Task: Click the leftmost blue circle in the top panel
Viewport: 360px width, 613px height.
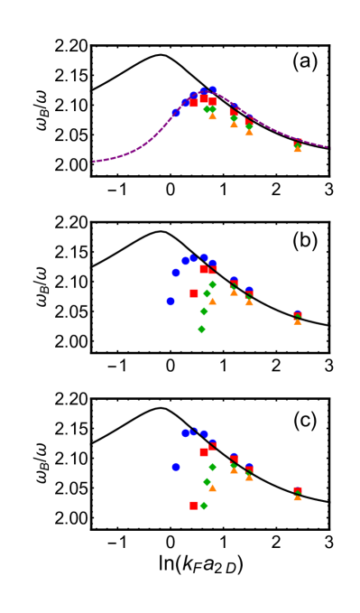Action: tap(176, 113)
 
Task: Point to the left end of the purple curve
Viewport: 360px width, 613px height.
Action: tap(94, 162)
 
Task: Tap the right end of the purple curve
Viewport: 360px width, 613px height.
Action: tap(327, 147)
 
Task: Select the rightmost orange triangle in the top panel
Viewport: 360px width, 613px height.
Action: tap(298, 148)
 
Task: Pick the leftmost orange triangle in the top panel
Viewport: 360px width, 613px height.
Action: tap(212, 116)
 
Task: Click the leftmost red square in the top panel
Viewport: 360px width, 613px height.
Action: tap(194, 103)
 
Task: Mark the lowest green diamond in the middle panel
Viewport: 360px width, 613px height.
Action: tap(201, 330)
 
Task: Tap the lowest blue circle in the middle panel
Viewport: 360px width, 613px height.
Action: tap(170, 302)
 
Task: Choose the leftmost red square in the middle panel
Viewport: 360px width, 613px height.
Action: tap(194, 293)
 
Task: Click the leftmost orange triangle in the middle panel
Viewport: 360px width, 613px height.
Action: tap(212, 301)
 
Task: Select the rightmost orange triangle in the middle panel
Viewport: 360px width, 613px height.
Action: tap(298, 320)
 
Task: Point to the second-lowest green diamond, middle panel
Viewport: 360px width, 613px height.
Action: tap(204, 311)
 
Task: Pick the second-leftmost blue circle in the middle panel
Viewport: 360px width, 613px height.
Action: tap(176, 273)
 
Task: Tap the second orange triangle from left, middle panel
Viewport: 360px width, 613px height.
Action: tap(234, 292)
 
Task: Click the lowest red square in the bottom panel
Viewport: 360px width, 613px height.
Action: tap(194, 506)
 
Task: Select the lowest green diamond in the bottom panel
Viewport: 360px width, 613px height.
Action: tap(204, 506)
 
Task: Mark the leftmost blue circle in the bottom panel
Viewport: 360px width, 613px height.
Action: tap(176, 467)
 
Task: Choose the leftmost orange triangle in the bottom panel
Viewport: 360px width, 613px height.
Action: tap(212, 488)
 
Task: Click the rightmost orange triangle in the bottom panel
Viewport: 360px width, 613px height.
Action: tap(298, 497)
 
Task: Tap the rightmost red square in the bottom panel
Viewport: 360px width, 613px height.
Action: tap(298, 491)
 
